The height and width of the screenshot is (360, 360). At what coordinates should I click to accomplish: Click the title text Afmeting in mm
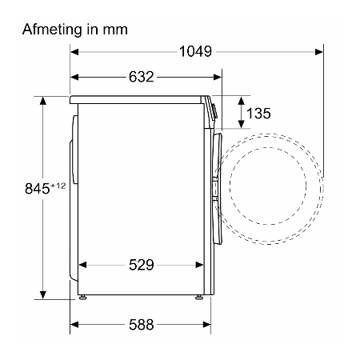pos(75,30)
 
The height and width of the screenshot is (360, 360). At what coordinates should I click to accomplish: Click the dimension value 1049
pos(195,51)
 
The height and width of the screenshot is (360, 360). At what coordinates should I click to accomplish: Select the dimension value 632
pos(142,77)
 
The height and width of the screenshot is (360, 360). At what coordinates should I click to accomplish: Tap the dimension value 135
pos(258,114)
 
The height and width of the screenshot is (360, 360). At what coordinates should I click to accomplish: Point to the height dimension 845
pos(38,189)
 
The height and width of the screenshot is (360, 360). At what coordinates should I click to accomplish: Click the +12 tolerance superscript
pos(58,186)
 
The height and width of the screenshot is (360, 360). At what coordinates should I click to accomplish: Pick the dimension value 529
pos(142,265)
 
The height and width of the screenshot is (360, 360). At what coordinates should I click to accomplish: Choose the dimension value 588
pos(142,325)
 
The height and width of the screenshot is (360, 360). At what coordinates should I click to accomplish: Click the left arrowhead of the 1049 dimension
pos(74,52)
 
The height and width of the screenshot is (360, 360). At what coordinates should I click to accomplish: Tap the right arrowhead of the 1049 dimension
pos(319,52)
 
